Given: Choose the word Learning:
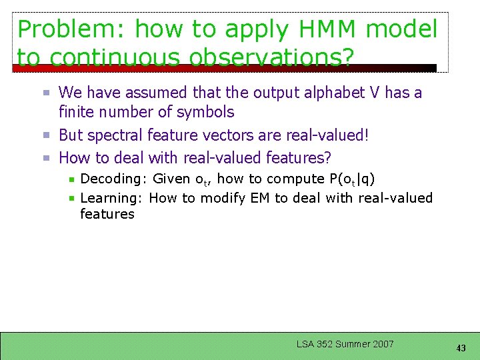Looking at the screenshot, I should (x=113, y=198).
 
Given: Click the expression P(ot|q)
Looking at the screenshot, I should (x=353, y=179).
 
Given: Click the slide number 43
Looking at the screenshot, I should (x=461, y=347).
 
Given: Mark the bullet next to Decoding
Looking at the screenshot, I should (x=72, y=179).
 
